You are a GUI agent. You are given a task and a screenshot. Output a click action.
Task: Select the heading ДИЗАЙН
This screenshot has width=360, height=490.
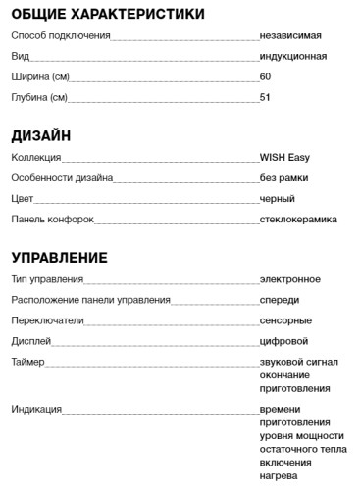click(x=40, y=134)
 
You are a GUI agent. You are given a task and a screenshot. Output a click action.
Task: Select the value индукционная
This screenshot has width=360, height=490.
click(x=293, y=56)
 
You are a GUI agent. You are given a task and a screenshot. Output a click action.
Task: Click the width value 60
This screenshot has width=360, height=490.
click(x=265, y=76)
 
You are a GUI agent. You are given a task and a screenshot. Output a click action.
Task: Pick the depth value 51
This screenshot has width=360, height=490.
click(x=265, y=97)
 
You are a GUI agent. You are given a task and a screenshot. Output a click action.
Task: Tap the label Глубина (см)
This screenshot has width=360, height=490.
click(x=40, y=97)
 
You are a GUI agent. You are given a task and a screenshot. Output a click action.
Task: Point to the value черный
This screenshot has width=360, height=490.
click(x=278, y=199)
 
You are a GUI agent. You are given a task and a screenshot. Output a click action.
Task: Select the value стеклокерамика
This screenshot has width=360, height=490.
click(x=298, y=220)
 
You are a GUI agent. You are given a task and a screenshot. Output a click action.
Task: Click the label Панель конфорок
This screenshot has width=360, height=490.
click(x=53, y=220)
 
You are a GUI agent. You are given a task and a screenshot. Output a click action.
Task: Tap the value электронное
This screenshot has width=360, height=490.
click(x=290, y=279)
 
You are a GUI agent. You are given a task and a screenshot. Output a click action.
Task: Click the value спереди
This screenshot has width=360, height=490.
click(x=280, y=300)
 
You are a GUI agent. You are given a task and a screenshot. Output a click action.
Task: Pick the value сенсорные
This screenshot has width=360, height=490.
click(x=285, y=320)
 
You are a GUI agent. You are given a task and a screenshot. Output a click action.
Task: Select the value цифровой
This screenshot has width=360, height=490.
click(x=283, y=341)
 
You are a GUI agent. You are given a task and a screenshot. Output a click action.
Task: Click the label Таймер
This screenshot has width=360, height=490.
click(x=28, y=362)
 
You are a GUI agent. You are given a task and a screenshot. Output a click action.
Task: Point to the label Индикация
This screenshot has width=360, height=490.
click(x=37, y=409)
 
